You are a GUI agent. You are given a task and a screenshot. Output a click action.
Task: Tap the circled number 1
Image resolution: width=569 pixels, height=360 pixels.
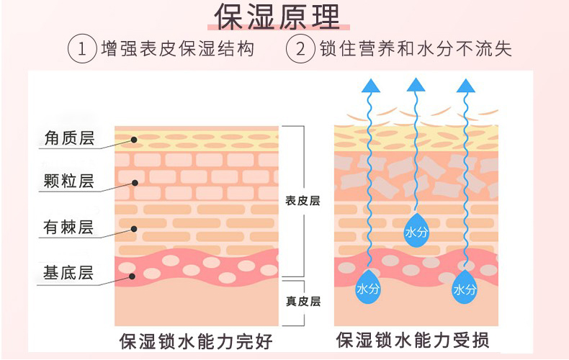(82, 49)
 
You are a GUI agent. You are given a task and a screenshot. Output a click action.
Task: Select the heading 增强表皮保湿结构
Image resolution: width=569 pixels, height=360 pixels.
(177, 49)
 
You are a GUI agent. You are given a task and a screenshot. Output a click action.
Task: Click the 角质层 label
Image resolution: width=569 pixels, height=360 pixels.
(68, 138)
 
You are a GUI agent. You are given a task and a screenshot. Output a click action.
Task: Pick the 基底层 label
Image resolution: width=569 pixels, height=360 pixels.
(68, 274)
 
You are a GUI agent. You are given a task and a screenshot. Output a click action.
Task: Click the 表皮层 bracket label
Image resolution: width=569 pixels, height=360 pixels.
(303, 201)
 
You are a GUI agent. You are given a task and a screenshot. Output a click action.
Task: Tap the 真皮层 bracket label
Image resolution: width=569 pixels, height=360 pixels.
(303, 301)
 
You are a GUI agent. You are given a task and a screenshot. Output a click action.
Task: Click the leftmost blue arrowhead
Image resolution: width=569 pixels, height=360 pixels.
(371, 85)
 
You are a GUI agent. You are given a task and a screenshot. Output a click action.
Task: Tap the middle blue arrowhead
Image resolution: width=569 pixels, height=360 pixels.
(416, 85)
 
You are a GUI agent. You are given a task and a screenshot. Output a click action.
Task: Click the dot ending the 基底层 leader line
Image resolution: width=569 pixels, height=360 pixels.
(133, 274)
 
